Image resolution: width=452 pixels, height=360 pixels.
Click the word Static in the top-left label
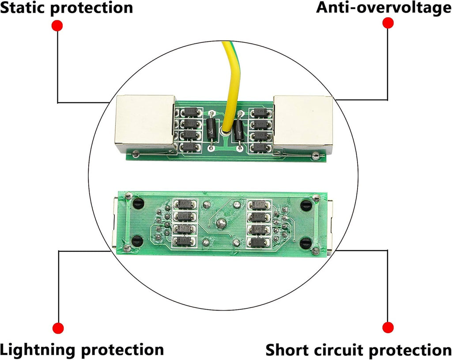tap(23, 7)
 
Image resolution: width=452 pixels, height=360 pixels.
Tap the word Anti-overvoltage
tap(384, 8)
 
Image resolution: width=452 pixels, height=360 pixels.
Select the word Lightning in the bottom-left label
tap(39, 350)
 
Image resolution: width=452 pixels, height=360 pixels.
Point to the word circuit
tap(337, 350)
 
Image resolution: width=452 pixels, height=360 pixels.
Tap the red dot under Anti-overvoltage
tap(388, 23)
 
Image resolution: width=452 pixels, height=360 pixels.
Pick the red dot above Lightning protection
tap(58, 328)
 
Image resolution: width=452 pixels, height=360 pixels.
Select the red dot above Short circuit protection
tap(388, 327)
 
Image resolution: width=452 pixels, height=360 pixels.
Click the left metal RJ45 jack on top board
tap(145, 124)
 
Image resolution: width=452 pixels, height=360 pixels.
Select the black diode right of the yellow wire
tap(239, 131)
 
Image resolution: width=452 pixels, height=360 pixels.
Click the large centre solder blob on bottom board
tap(222, 223)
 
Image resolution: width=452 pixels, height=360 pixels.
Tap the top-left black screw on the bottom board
tap(138, 204)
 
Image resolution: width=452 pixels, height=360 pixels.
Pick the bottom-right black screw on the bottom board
tap(305, 244)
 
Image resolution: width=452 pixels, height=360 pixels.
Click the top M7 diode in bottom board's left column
tap(185, 204)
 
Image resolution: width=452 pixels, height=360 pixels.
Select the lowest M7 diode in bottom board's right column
tap(259, 243)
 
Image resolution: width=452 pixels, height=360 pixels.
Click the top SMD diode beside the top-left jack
tap(190, 112)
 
